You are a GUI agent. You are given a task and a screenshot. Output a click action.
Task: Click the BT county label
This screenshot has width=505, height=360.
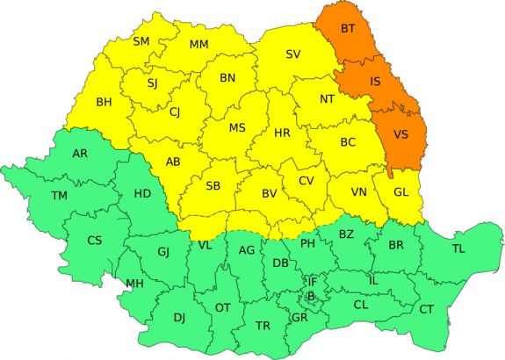[x=350, y=29]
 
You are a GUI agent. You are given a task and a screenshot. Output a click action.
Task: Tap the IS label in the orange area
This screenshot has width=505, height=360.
[x=375, y=82]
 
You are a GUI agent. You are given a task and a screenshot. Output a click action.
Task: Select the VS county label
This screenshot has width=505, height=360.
[x=400, y=134]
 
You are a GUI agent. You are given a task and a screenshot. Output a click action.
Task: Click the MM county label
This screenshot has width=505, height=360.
[x=199, y=45]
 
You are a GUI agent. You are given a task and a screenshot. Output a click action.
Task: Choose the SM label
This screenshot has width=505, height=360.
[x=141, y=41]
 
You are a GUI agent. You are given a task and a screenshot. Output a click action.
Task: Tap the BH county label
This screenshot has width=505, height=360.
[x=105, y=102]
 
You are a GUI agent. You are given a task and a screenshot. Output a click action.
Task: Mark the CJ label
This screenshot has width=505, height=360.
[x=175, y=112]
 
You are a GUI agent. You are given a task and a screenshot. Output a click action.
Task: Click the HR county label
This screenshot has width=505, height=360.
[x=282, y=134]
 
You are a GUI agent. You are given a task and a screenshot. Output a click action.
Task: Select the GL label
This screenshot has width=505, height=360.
[x=401, y=192]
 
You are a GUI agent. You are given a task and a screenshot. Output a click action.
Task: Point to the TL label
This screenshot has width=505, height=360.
[x=458, y=248]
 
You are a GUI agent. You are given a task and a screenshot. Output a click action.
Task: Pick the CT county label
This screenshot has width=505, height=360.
[x=426, y=309]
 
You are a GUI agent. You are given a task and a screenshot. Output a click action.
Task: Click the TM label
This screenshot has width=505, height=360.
[x=59, y=195]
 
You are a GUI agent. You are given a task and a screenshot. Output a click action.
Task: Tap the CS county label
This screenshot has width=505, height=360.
[x=94, y=241]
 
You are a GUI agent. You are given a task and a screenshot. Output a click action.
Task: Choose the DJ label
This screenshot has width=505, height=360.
[x=179, y=317]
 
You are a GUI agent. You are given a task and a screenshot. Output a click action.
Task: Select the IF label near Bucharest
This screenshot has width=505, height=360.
[x=311, y=281]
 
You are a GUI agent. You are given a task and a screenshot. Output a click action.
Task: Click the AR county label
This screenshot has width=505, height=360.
[x=80, y=154]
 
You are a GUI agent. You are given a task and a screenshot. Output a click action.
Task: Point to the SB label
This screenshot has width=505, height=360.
[x=213, y=186]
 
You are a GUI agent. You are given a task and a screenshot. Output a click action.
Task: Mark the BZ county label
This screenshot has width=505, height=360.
[x=346, y=234]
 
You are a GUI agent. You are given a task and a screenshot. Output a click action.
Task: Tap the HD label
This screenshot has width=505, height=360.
[x=142, y=193]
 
